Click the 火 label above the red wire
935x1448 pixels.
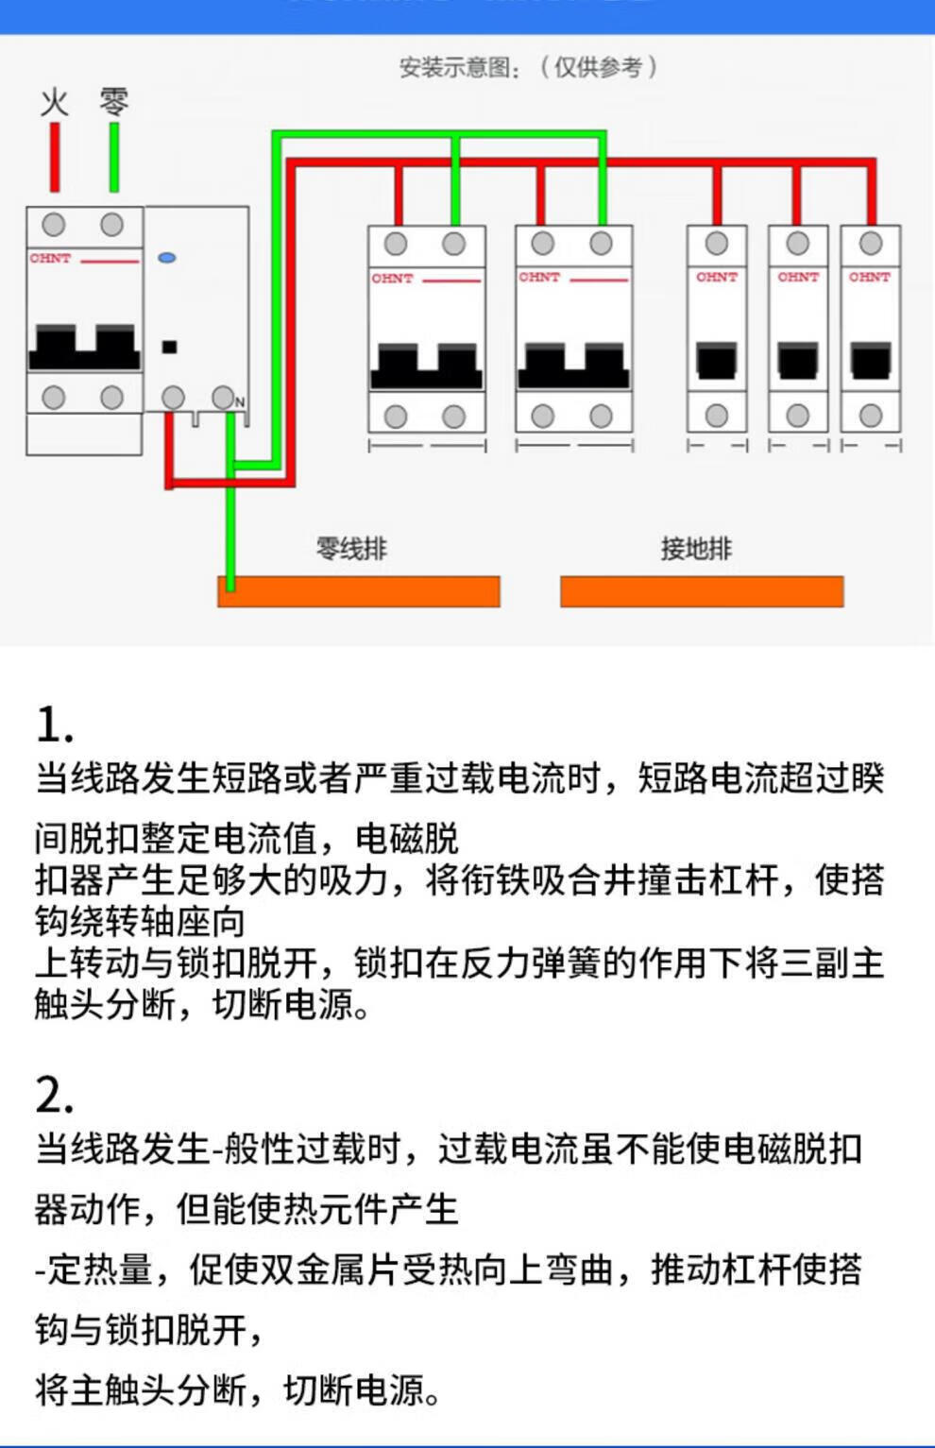(55, 102)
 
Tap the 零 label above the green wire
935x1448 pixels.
(113, 100)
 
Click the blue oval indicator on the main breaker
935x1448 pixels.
(167, 258)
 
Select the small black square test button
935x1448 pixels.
(170, 347)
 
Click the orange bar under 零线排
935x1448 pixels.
(359, 591)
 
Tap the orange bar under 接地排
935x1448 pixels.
(701, 591)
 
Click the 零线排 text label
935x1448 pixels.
(351, 549)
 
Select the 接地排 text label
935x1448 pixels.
(696, 549)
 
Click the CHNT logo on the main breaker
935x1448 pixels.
(50, 258)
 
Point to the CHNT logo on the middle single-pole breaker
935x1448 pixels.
(798, 277)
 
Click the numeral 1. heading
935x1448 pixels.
(54, 725)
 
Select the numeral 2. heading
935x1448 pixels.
(54, 1096)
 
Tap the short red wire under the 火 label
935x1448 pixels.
(55, 157)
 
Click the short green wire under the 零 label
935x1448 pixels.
(114, 157)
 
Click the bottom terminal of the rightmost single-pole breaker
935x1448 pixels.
(871, 416)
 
